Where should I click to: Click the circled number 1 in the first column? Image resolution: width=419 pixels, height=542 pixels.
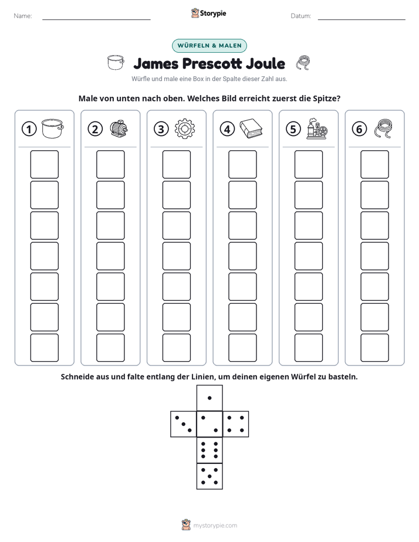click(x=29, y=129)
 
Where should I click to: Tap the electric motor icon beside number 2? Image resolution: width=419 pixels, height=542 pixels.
click(x=119, y=128)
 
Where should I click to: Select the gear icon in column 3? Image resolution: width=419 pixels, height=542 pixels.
click(x=185, y=129)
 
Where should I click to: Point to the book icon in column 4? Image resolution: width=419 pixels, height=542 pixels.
click(x=251, y=128)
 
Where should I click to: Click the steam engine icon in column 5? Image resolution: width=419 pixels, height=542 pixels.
click(x=317, y=128)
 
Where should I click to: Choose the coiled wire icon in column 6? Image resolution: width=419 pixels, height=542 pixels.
click(x=383, y=128)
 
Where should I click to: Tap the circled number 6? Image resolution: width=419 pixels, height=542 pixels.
click(x=359, y=129)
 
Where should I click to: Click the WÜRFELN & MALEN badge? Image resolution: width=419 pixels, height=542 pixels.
click(x=209, y=46)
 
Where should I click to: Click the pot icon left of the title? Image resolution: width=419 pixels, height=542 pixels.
click(x=116, y=63)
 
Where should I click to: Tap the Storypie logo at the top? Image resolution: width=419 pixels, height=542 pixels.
click(x=209, y=13)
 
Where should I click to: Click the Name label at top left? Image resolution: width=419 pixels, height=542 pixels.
click(x=23, y=16)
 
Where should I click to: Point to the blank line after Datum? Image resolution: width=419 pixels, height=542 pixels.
click(x=361, y=19)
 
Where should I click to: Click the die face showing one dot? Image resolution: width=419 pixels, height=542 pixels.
click(x=209, y=398)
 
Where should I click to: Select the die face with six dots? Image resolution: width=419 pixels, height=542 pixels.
click(x=209, y=450)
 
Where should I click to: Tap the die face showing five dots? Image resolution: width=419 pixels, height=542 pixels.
click(x=209, y=476)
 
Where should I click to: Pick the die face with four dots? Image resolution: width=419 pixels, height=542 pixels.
click(x=236, y=424)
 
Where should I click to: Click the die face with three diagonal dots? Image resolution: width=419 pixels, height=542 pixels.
click(x=184, y=424)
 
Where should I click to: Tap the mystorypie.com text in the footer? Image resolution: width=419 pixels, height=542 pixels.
click(x=215, y=526)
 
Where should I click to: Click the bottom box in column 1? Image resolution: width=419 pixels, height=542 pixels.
click(x=45, y=348)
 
